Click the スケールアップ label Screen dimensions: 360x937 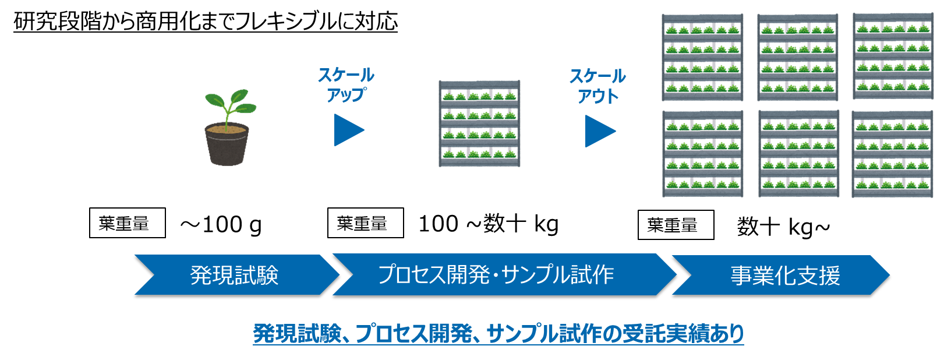coord(346,84)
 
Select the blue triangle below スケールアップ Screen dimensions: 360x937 coord(347,130)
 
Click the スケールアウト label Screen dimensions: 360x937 coord(597,86)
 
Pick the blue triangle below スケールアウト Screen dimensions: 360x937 coord(599,131)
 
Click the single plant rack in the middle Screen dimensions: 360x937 coord(479,123)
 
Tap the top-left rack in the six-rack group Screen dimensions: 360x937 coord(702,57)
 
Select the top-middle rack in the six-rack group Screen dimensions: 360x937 coord(798,57)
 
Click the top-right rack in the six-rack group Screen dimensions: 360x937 coord(893,57)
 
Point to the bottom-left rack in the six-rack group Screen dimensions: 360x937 coord(702,154)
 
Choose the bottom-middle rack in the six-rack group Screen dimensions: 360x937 coord(798,154)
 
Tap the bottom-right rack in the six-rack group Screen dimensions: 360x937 coord(892,154)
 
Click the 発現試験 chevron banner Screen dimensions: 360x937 coord(234,275)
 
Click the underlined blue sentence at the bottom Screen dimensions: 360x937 coord(498,334)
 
